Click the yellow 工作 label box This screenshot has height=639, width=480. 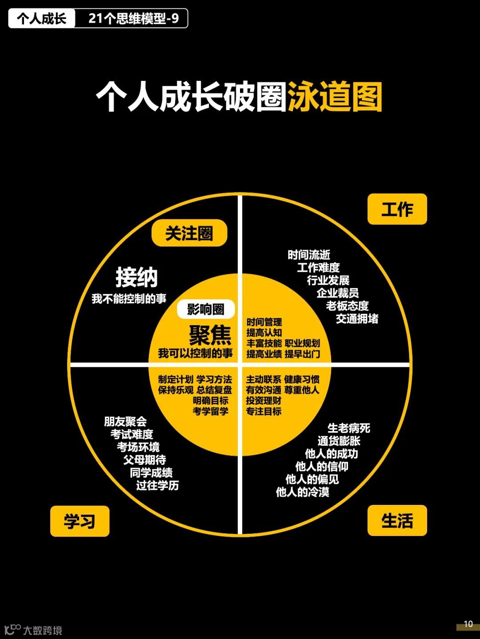click(x=397, y=209)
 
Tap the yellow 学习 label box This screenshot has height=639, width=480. click(x=80, y=521)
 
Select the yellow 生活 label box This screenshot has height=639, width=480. click(x=397, y=520)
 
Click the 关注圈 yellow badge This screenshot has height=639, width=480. click(x=189, y=233)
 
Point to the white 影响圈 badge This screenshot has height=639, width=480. click(x=205, y=309)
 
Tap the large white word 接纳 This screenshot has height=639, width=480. click(x=136, y=278)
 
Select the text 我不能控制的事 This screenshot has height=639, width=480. click(x=129, y=299)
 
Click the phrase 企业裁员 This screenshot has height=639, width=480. click(x=337, y=293)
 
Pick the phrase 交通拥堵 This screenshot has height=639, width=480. click(x=357, y=318)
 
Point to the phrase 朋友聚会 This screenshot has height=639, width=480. click(x=125, y=421)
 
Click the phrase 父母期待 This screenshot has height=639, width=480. click(x=144, y=460)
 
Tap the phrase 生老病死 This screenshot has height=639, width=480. click(x=348, y=428)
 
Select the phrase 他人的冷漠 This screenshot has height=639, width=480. click(x=302, y=492)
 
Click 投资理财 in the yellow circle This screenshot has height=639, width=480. click(x=264, y=401)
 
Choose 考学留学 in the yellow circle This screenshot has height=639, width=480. click(x=210, y=411)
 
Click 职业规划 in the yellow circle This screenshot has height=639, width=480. click(x=302, y=343)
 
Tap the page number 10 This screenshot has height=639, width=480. click(x=468, y=624)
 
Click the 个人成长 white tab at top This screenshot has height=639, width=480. click(x=42, y=19)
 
